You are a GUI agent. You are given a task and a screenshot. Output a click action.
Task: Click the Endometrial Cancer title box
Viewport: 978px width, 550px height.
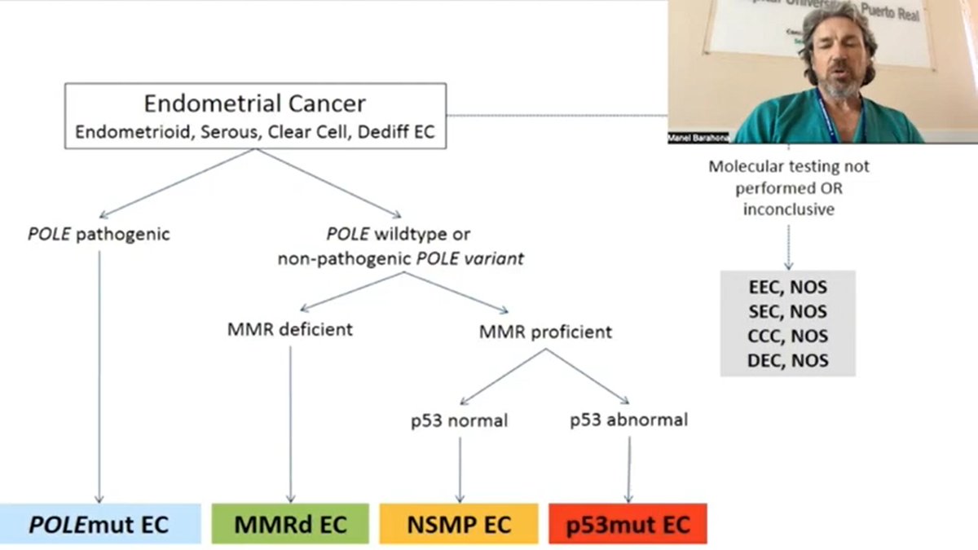click(255, 116)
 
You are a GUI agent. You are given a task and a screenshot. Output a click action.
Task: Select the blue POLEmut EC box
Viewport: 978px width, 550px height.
click(99, 524)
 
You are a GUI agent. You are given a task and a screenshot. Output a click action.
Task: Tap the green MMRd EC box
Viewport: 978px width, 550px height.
click(290, 524)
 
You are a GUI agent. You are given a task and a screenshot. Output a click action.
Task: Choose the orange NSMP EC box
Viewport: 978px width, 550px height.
click(459, 524)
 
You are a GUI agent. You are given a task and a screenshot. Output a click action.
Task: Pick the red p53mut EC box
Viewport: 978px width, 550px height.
click(628, 524)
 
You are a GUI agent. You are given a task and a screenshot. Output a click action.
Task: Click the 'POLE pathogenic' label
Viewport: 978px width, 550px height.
click(99, 235)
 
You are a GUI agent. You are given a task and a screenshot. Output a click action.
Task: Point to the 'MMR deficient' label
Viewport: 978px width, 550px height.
click(290, 330)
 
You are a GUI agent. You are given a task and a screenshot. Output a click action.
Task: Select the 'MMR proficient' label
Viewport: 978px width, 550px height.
click(546, 332)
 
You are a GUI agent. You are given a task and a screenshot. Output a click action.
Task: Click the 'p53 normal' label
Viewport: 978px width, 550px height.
click(460, 420)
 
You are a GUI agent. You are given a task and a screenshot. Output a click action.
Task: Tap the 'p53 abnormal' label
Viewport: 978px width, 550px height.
click(628, 420)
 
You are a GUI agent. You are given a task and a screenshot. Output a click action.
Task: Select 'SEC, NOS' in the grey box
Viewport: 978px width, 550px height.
click(787, 311)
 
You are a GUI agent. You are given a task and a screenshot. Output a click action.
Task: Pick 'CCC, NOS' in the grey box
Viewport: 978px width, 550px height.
click(787, 336)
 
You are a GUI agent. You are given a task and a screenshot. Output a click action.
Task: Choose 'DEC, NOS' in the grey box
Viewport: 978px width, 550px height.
click(787, 360)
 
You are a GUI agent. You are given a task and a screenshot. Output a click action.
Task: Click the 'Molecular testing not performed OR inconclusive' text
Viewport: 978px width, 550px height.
click(788, 187)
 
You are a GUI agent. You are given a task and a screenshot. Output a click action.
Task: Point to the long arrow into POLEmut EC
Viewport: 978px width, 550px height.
click(99, 375)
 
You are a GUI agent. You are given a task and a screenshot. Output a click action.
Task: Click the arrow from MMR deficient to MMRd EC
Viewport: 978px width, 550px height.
click(291, 424)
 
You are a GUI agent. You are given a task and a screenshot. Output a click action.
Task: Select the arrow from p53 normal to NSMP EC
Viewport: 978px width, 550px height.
click(460, 469)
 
